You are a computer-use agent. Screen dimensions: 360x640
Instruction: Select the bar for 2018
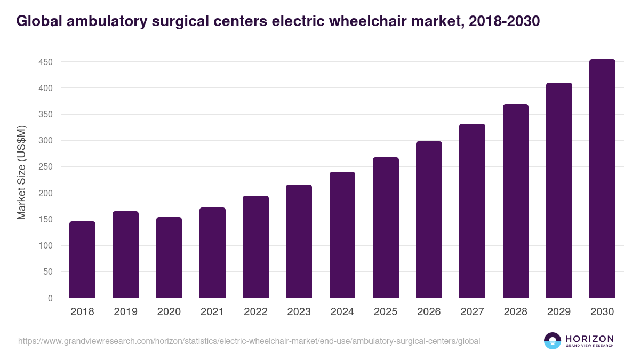click(x=82, y=260)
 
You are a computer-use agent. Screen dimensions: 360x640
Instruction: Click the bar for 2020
click(x=169, y=258)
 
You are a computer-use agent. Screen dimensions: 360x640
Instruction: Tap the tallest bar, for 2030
click(x=602, y=179)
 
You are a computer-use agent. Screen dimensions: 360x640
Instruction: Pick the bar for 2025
click(x=386, y=228)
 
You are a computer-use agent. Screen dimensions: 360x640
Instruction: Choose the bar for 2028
click(x=516, y=201)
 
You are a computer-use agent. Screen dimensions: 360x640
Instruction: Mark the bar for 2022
click(x=255, y=247)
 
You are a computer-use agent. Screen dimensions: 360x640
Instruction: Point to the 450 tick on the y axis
click(x=45, y=62)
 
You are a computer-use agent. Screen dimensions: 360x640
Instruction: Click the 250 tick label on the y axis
click(x=45, y=167)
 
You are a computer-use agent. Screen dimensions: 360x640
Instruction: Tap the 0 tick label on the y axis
click(x=50, y=298)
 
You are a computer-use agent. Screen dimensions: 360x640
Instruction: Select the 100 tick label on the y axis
click(x=45, y=246)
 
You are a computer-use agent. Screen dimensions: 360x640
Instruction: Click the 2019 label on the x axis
click(x=125, y=312)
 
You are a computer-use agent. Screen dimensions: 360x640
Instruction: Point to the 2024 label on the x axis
click(x=342, y=312)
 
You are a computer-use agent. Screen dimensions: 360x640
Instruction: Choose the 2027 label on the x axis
click(x=472, y=312)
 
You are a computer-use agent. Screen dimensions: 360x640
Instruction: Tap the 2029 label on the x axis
click(x=559, y=312)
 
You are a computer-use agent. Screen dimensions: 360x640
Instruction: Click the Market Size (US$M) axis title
click(x=21, y=172)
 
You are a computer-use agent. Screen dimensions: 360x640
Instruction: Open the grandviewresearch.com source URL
click(x=249, y=341)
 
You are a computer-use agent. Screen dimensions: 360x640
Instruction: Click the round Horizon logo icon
click(x=553, y=341)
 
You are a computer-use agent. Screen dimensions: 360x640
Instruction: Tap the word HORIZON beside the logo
click(x=589, y=338)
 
